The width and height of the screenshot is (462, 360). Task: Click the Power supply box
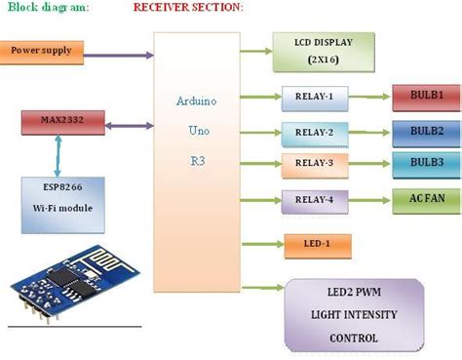click(x=42, y=50)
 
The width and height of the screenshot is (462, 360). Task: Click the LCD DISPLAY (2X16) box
click(x=324, y=51)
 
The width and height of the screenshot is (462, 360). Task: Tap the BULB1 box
click(x=425, y=97)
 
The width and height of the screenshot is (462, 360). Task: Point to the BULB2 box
click(x=425, y=130)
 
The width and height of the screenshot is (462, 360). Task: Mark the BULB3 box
click(x=425, y=163)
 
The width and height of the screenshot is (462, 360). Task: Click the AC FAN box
click(x=425, y=199)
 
